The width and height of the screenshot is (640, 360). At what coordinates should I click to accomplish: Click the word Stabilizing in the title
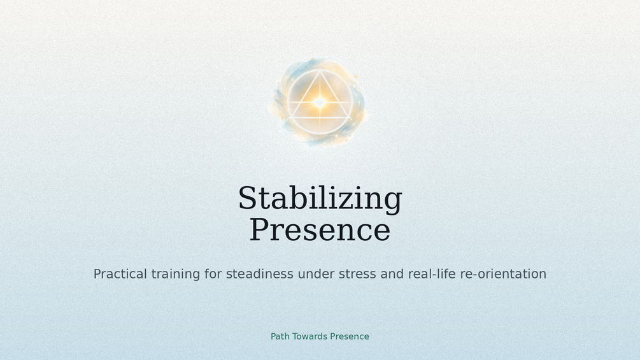[320, 199]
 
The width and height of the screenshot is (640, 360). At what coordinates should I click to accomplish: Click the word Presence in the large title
[320, 230]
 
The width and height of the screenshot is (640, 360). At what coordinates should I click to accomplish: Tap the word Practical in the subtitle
[120, 274]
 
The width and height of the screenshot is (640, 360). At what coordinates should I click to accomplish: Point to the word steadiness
[260, 274]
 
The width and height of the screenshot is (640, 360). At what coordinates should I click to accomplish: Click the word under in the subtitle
[316, 274]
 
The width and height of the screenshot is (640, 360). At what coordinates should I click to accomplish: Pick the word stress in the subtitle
[357, 274]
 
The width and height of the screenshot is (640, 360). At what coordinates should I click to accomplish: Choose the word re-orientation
[503, 274]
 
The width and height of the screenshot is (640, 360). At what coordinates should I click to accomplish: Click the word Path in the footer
[280, 336]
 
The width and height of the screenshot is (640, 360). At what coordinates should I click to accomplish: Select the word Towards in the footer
[309, 336]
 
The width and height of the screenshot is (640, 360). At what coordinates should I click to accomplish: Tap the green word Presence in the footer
[350, 336]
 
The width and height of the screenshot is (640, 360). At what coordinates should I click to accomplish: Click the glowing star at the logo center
[320, 102]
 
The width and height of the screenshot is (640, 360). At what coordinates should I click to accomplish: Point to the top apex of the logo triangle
[320, 71]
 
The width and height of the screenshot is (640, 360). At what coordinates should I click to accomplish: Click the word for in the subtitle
[213, 274]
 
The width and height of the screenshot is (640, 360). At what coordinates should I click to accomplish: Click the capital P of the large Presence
[260, 229]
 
